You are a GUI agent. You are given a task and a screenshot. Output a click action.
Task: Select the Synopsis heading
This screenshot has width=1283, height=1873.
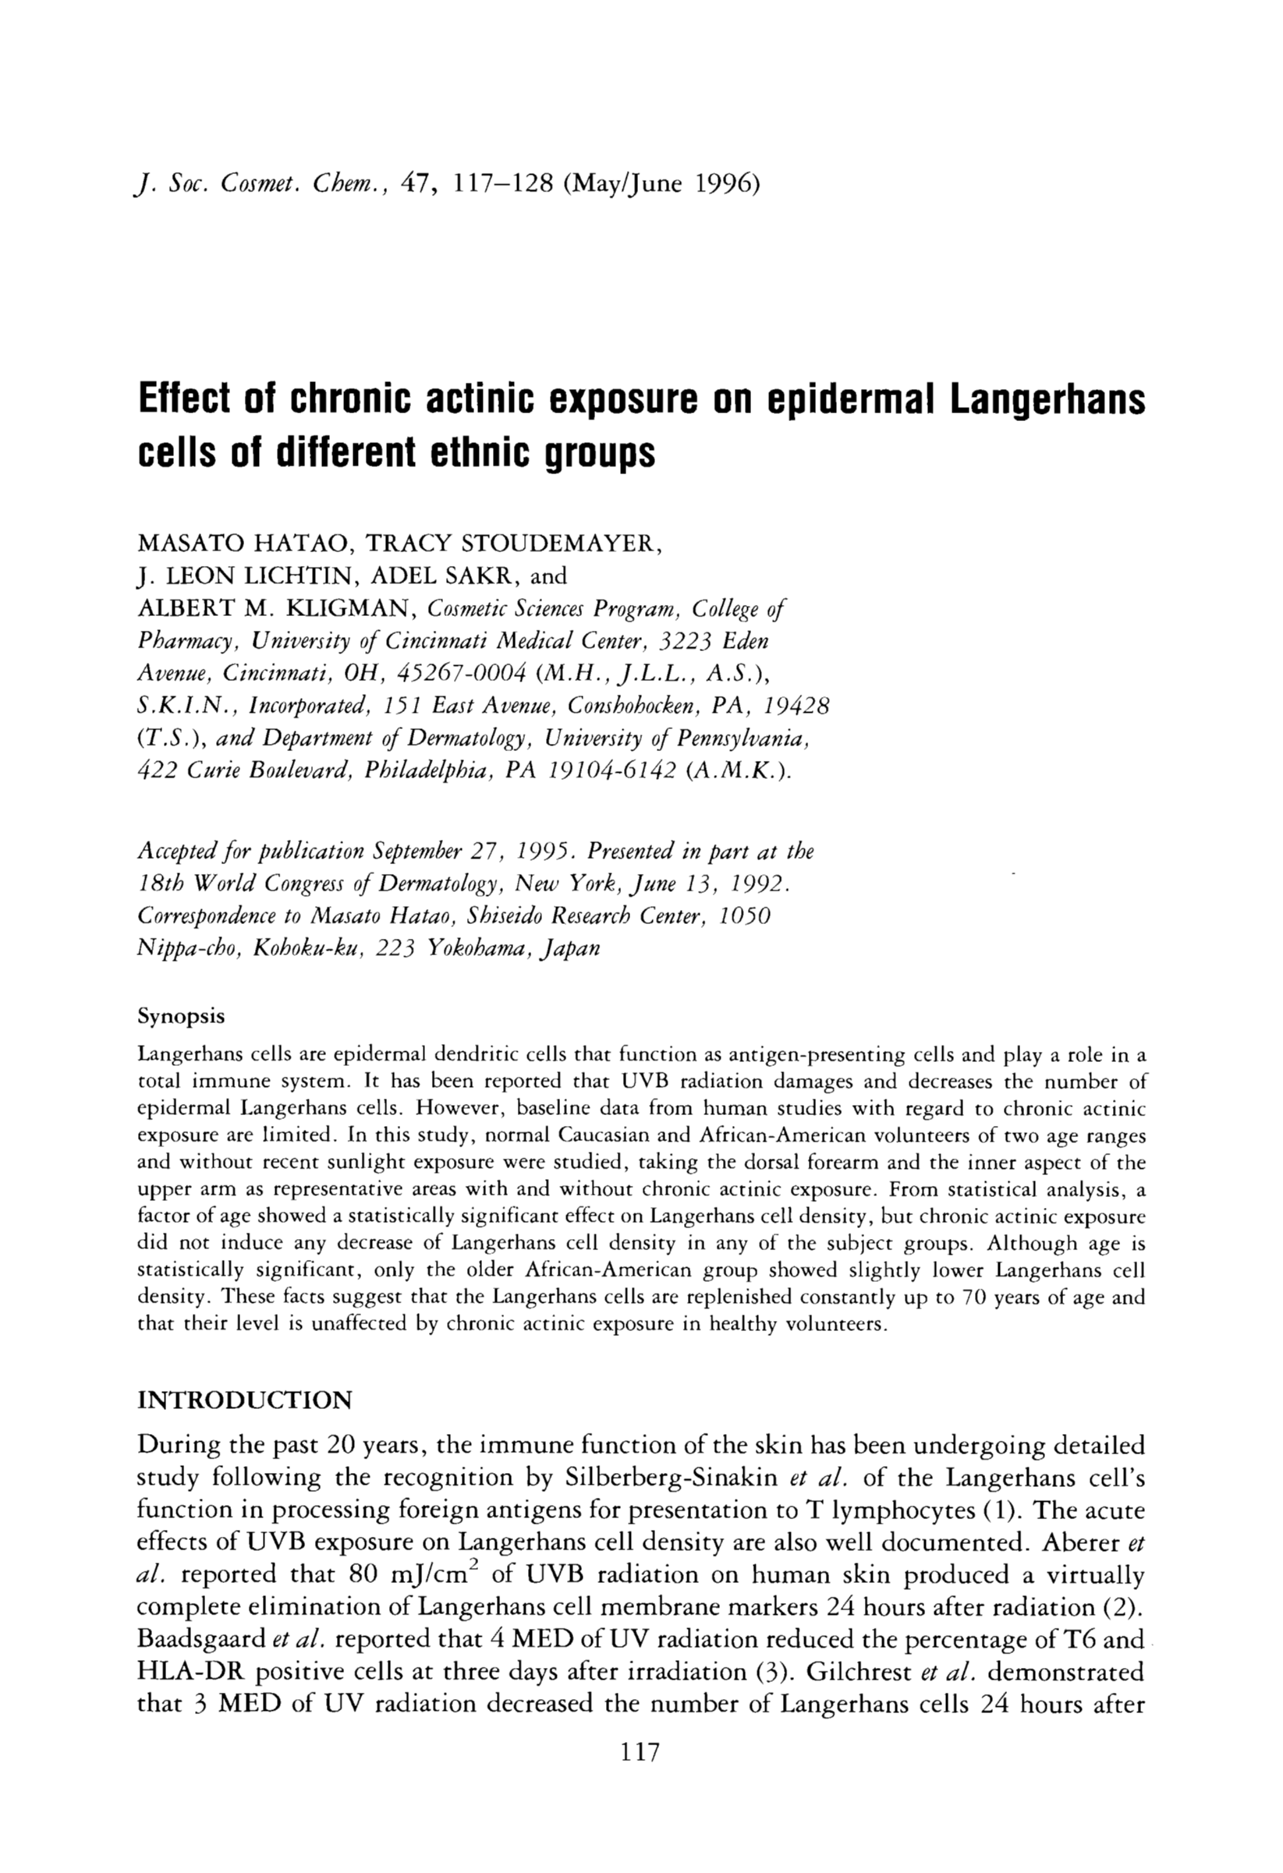pos(181,1016)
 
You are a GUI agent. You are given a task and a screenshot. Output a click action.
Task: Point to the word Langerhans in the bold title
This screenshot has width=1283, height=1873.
pos(1047,400)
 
